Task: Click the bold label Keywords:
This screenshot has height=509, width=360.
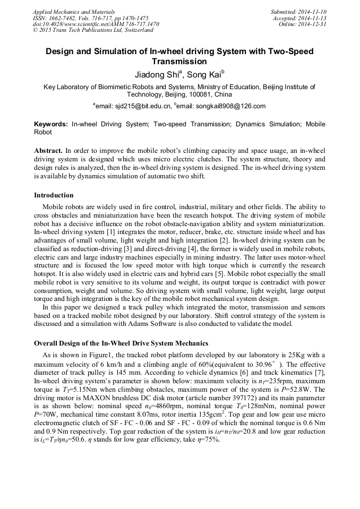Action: point(51,124)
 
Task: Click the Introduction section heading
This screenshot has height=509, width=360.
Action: point(54,195)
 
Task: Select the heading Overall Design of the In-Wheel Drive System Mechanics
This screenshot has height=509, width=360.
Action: point(121,343)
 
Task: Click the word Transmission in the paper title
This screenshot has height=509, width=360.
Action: point(179,62)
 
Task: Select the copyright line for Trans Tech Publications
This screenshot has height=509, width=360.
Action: point(93,31)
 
